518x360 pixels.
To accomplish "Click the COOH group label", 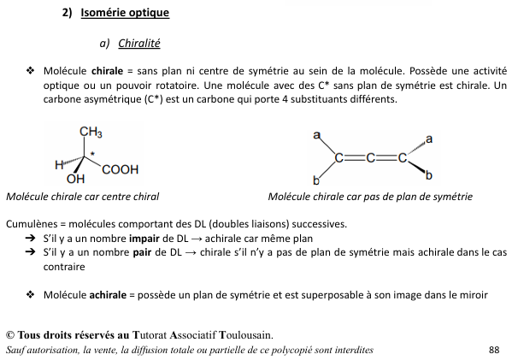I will point(120,170).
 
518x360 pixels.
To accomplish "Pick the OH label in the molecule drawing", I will point(75,180).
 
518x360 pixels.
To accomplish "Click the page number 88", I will point(493,350).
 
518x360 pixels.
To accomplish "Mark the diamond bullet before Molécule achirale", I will point(30,295).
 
